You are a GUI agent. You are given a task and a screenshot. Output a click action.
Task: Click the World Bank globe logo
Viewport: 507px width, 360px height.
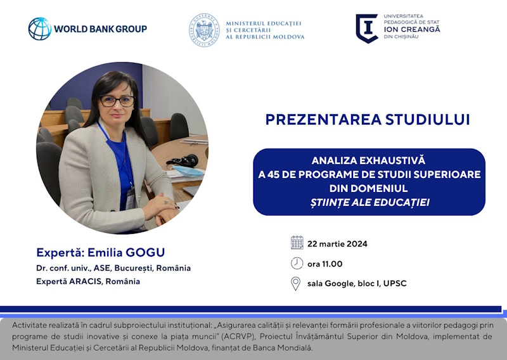tap(40, 29)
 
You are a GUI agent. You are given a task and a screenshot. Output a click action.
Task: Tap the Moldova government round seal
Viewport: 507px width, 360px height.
tap(204, 30)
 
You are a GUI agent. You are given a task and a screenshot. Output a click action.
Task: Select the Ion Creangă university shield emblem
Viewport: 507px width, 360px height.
tap(367, 29)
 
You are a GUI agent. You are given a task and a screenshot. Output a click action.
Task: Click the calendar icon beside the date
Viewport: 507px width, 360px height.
tap(297, 243)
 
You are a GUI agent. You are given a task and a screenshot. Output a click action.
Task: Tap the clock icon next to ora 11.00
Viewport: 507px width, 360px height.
tap(297, 263)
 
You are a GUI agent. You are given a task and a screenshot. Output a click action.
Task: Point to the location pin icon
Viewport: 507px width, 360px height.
tap(295, 283)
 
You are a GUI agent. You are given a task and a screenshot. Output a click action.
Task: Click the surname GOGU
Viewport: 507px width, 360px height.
tap(145, 252)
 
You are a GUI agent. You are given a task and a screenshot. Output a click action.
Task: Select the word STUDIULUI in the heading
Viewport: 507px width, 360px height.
tap(427, 119)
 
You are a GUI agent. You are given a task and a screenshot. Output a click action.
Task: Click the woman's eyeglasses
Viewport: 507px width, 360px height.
tap(117, 101)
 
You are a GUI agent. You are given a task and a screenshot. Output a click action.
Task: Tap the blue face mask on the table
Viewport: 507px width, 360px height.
tap(188, 171)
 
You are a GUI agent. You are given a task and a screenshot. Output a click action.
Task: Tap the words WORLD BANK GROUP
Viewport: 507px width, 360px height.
tap(100, 29)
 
